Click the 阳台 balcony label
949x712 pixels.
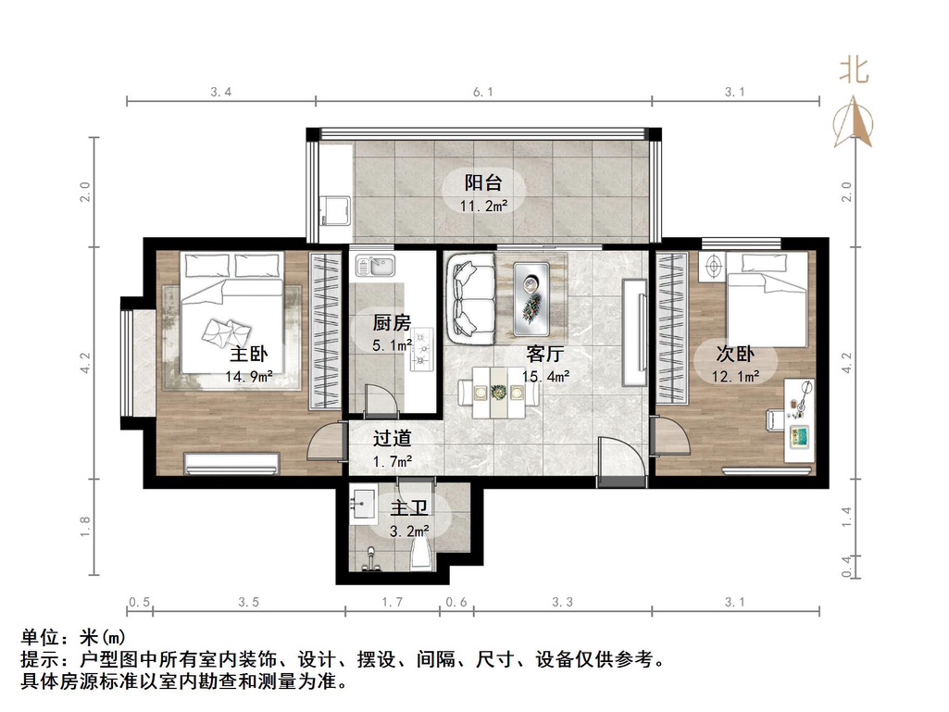pos(482,182)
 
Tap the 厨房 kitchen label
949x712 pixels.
pos(391,323)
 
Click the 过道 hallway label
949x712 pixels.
pos(392,438)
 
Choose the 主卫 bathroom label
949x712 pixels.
pos(408,508)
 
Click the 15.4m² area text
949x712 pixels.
pos(545,377)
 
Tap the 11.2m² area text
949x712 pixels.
pos(483,206)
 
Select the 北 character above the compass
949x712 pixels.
pos(854,70)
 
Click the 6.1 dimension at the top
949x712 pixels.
pos(483,92)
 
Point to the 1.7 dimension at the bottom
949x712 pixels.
pos(392,602)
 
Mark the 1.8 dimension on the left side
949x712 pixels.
pos(85,528)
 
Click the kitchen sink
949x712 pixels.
pos(376,269)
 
